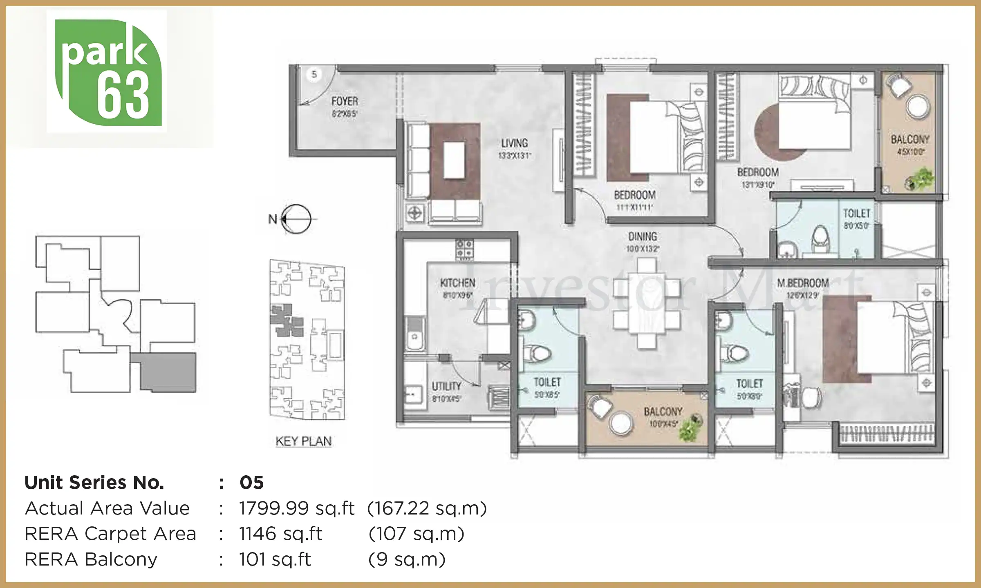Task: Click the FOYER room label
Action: (x=345, y=101)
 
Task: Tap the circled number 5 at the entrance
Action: (x=314, y=74)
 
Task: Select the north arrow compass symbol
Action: (x=296, y=219)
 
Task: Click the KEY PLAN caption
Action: (x=303, y=441)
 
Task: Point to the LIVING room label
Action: (x=514, y=143)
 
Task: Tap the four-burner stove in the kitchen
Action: (x=464, y=249)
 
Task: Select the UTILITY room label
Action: (x=446, y=386)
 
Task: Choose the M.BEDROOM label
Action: (x=803, y=283)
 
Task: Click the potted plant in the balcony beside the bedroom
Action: (x=920, y=180)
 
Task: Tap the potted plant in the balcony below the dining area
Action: (x=691, y=428)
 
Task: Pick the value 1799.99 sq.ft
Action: (x=297, y=508)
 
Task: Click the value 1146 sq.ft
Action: (x=281, y=534)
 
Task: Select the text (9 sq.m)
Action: (x=407, y=559)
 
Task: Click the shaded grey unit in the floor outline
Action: (x=168, y=372)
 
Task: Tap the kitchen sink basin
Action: (x=415, y=337)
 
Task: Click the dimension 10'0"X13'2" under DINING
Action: (x=643, y=249)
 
